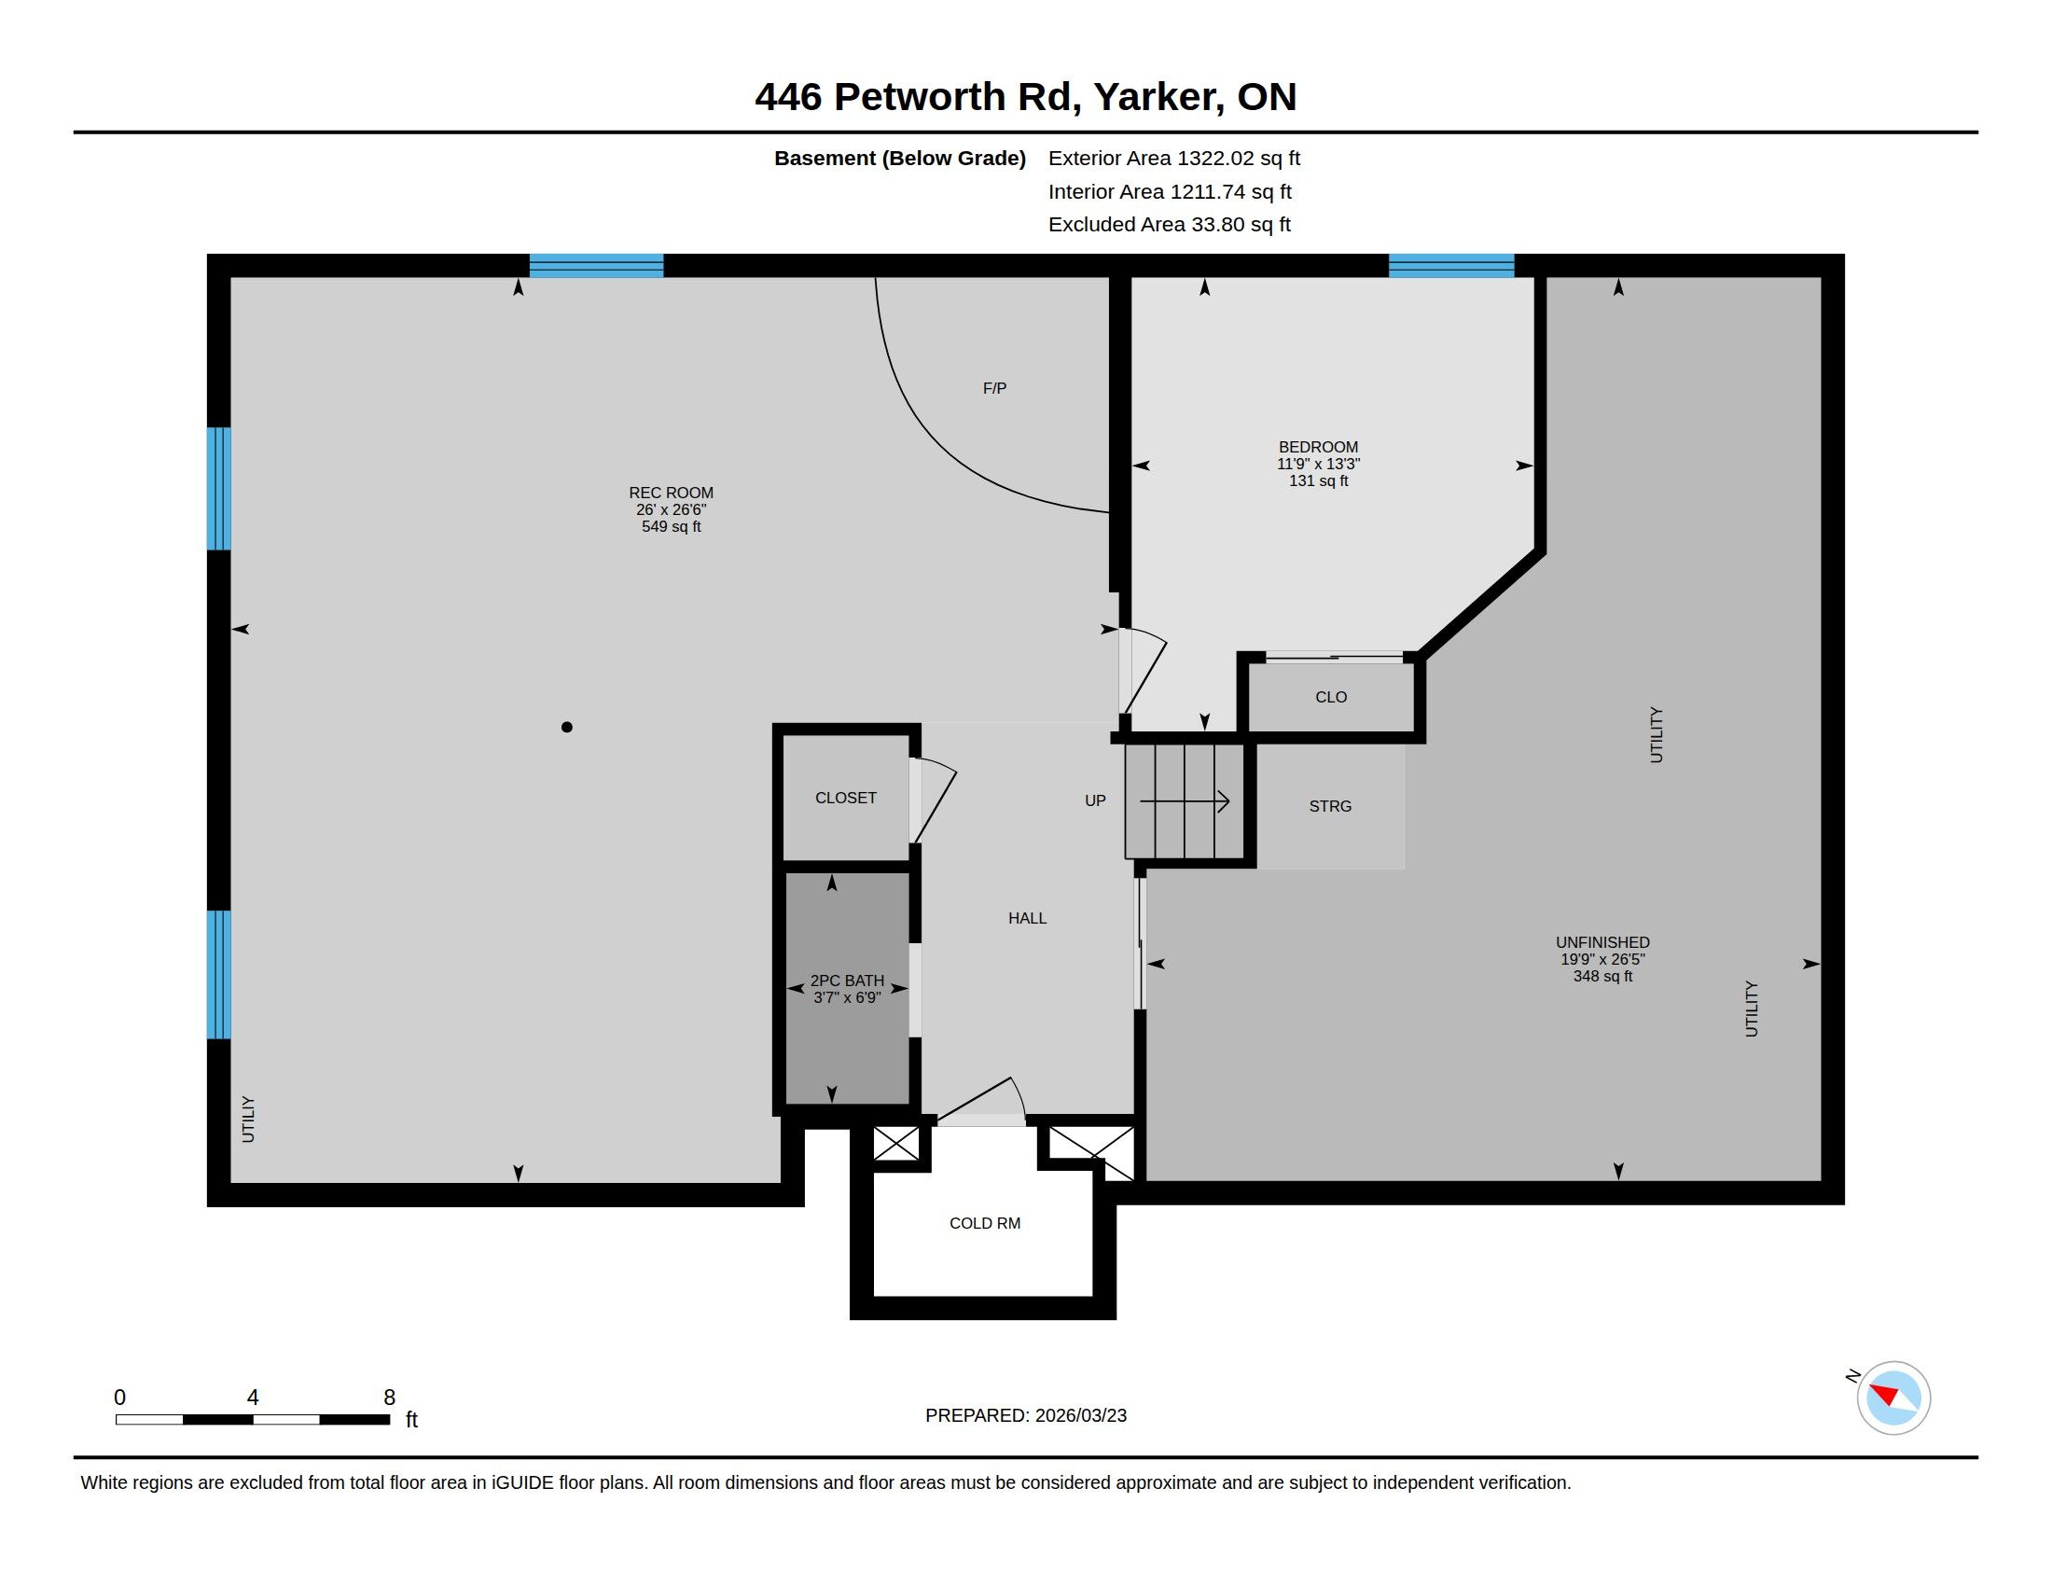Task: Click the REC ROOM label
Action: (671, 493)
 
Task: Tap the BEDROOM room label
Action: (1318, 447)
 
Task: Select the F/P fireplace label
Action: (994, 388)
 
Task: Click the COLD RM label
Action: (985, 1223)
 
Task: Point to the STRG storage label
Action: (1330, 806)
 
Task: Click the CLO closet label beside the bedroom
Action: (1331, 697)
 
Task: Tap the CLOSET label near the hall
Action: (846, 798)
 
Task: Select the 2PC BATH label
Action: (848, 981)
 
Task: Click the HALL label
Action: (1027, 918)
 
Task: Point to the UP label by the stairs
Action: (1096, 800)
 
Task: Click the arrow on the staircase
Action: (1185, 801)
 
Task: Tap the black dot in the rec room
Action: (566, 728)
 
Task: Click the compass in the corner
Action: (1893, 1398)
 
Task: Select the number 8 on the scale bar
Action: (389, 1398)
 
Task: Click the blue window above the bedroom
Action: (1451, 266)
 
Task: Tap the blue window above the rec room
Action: (597, 266)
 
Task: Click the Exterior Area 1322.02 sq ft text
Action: (1174, 158)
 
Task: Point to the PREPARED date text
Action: (1026, 1415)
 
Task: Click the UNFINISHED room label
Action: (1602, 942)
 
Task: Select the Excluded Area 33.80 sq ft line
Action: (1170, 225)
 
